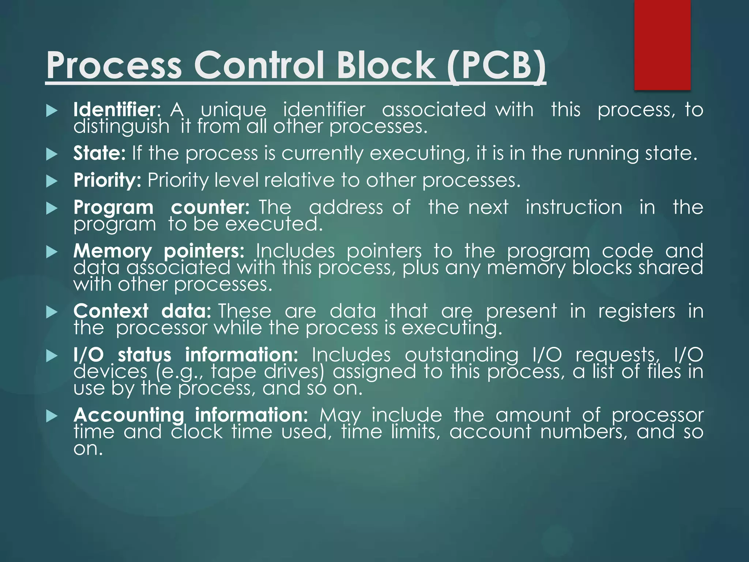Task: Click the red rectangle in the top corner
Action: [662, 45]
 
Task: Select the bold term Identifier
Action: [114, 109]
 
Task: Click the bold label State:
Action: [99, 153]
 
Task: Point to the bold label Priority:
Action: [107, 180]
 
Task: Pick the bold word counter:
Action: [210, 207]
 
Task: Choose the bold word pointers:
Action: [204, 251]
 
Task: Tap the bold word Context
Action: [111, 311]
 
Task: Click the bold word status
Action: [144, 355]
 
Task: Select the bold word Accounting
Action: [129, 415]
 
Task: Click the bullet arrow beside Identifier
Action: [52, 110]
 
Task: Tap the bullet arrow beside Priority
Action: [52, 181]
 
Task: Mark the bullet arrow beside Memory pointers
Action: [52, 252]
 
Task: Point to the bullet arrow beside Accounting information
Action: [52, 416]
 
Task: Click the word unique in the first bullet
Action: [233, 110]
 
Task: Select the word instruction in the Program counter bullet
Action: [573, 207]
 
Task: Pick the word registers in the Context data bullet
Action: [636, 312]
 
